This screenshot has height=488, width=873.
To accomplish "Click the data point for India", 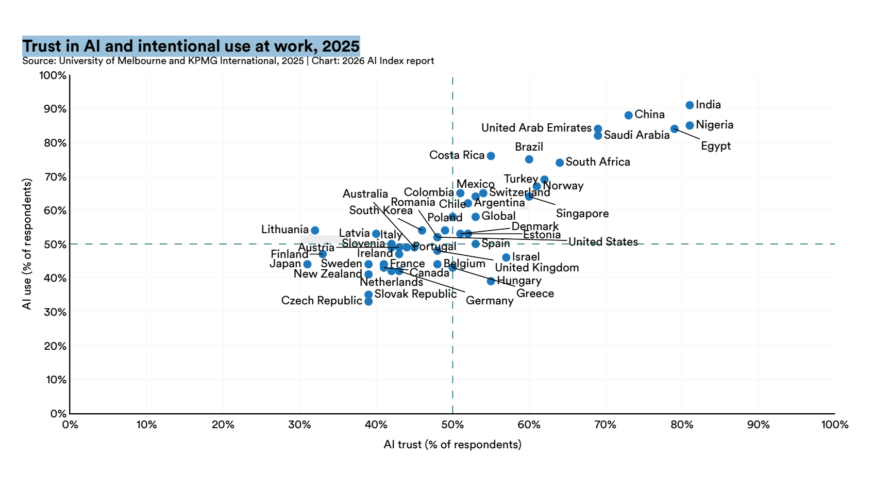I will coord(690,105).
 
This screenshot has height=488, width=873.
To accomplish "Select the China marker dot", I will coord(628,116).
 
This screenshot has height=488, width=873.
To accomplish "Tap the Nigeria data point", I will coord(690,125).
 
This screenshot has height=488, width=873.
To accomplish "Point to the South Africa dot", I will coord(560,162).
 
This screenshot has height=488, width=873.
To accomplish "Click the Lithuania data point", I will coord(315,230).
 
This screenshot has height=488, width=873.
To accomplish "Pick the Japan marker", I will coord(307,264).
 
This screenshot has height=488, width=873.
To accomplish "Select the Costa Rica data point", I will coord(491,156).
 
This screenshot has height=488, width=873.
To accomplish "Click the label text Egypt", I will coord(716,146).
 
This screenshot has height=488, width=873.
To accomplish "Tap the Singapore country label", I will coord(582,214).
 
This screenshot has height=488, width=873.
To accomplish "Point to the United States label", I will coord(603,242).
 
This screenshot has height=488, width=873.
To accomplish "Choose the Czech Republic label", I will coord(322,301).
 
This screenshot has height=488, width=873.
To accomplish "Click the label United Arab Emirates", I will coord(536,128).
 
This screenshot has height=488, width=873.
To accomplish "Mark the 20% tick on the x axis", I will coord(223,425).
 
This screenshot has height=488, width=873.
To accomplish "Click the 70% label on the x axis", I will coord(606,425).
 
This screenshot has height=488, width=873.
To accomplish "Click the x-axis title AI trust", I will coord(452,445).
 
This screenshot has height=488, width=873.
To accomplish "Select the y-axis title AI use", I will coord(27,244).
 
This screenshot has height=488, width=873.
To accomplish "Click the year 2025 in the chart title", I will coord(341,46).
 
